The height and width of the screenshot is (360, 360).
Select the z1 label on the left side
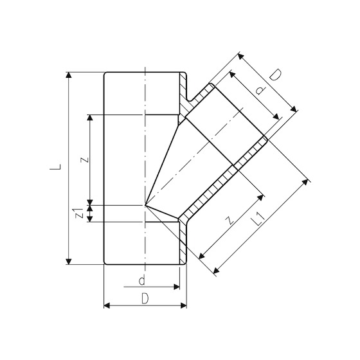pyautogui.click(x=79, y=213)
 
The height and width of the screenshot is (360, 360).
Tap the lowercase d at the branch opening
pyautogui.click(x=259, y=91)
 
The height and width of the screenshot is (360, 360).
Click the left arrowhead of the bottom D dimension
pyautogui.click(x=106, y=304)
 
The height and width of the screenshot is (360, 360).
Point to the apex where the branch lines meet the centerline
pyautogui.click(x=146, y=206)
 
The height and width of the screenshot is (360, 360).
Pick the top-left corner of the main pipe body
pyautogui.click(x=104, y=73)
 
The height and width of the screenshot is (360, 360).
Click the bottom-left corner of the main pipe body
pyautogui.click(x=104, y=264)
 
